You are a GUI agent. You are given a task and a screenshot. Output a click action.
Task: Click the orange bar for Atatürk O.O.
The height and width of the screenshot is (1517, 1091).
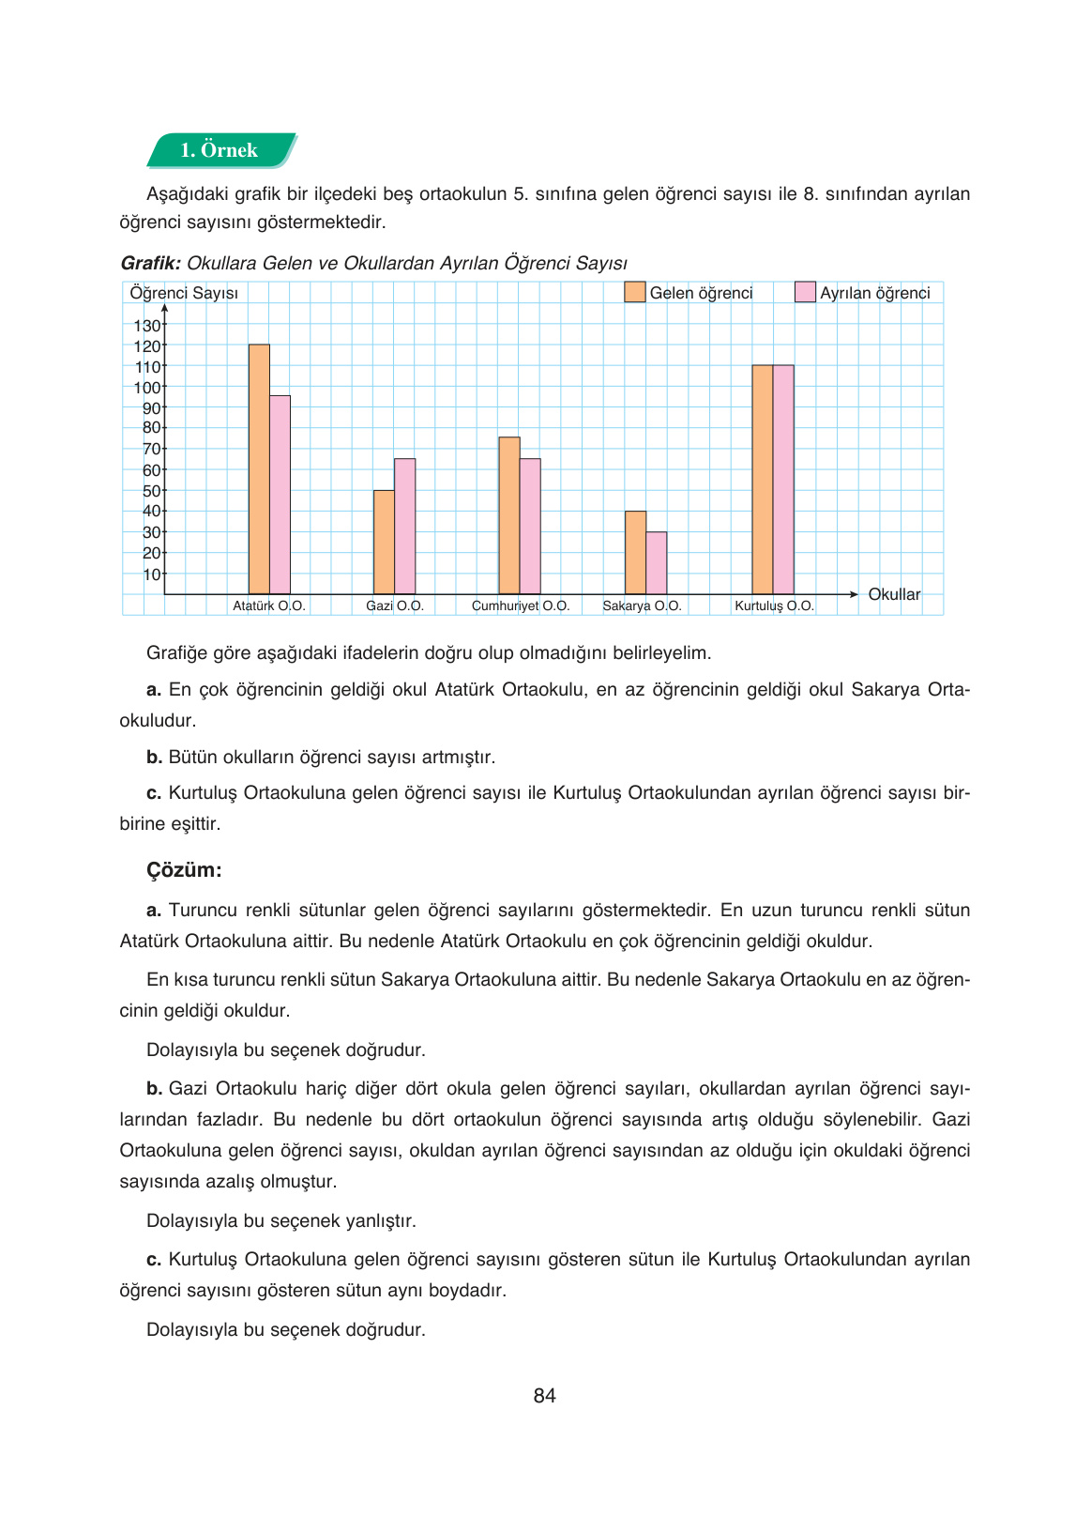pyautogui.click(x=259, y=469)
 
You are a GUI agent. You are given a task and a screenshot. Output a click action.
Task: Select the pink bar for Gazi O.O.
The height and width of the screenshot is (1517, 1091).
pyautogui.click(x=404, y=526)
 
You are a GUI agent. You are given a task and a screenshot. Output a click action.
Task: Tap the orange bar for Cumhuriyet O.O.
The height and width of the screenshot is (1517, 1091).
pyautogui.click(x=509, y=515)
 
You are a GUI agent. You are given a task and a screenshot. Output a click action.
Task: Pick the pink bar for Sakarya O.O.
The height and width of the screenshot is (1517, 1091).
pyautogui.click(x=657, y=563)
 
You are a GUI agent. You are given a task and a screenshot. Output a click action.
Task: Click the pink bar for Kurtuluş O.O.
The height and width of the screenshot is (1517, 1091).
pyautogui.click(x=783, y=480)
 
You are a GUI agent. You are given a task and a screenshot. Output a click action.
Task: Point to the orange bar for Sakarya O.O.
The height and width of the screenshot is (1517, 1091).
pyautogui.click(x=635, y=553)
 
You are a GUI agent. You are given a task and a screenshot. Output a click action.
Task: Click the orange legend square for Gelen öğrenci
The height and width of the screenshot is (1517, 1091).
pyautogui.click(x=635, y=292)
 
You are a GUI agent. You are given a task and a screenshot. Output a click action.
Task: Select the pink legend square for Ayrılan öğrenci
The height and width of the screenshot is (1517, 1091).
pyautogui.click(x=805, y=292)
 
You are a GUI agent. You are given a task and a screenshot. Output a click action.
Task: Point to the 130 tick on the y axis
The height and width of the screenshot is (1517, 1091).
pyautogui.click(x=147, y=326)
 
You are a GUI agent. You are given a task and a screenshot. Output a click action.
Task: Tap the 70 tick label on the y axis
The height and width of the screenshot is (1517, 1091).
pyautogui.click(x=151, y=449)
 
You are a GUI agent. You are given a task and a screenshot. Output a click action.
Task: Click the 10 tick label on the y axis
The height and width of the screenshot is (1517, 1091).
pyautogui.click(x=151, y=574)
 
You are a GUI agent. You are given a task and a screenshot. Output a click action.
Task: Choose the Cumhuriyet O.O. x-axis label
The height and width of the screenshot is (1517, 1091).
pyautogui.click(x=521, y=605)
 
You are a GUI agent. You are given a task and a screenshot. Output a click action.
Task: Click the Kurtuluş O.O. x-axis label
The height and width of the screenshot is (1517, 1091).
pyautogui.click(x=774, y=605)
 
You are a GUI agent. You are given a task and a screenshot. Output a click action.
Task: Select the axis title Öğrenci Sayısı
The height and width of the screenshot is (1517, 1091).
pyautogui.click(x=184, y=293)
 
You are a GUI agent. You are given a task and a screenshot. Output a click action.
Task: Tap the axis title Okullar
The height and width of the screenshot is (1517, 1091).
pyautogui.click(x=894, y=594)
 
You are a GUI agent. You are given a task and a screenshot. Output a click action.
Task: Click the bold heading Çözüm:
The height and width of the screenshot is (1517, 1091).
pyautogui.click(x=184, y=869)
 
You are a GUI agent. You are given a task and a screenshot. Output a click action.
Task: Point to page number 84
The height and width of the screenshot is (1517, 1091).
pyautogui.click(x=544, y=1396)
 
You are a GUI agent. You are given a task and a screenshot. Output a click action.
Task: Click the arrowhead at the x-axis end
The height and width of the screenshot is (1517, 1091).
pyautogui.click(x=853, y=594)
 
